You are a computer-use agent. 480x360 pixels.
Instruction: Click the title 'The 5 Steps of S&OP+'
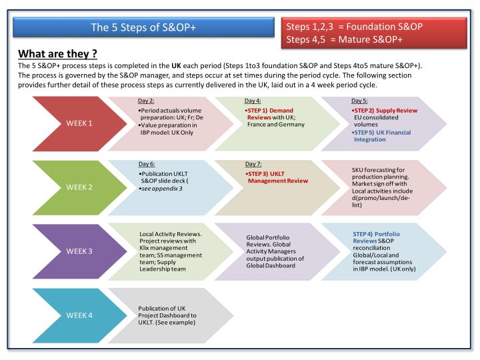(143, 27)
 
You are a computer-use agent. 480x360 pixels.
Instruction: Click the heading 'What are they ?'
(58, 54)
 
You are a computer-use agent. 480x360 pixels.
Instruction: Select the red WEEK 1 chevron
(73, 123)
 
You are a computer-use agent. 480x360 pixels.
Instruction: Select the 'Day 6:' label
(146, 163)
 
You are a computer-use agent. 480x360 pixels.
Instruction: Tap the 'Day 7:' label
(253, 163)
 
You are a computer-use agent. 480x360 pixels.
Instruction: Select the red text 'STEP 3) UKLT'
(265, 173)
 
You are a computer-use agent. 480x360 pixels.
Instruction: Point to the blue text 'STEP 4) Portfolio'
(377, 234)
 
